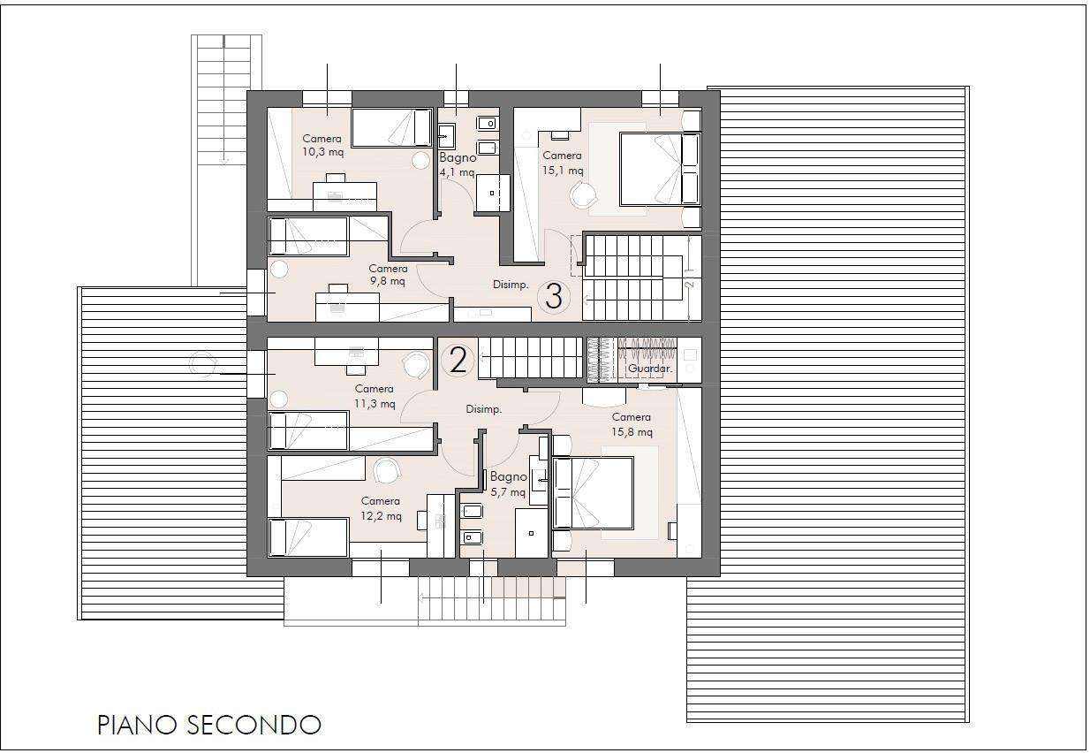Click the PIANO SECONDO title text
click(209, 725)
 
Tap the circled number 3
click(553, 296)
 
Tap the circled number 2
click(458, 361)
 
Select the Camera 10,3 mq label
click(322, 145)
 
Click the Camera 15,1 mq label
click(563, 163)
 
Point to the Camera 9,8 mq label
click(388, 275)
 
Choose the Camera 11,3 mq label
click(375, 396)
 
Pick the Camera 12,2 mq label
click(381, 508)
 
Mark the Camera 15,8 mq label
click(632, 424)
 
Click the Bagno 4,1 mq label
click(458, 165)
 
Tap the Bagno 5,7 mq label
click(509, 484)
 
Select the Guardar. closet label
click(649, 369)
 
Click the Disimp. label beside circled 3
click(511, 285)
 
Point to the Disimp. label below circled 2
click(483, 409)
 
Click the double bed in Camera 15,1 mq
click(660, 169)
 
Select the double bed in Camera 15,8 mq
click(593, 492)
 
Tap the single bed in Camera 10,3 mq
click(391, 127)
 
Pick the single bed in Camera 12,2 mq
click(308, 537)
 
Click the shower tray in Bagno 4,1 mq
click(493, 194)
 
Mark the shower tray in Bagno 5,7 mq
click(532, 534)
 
